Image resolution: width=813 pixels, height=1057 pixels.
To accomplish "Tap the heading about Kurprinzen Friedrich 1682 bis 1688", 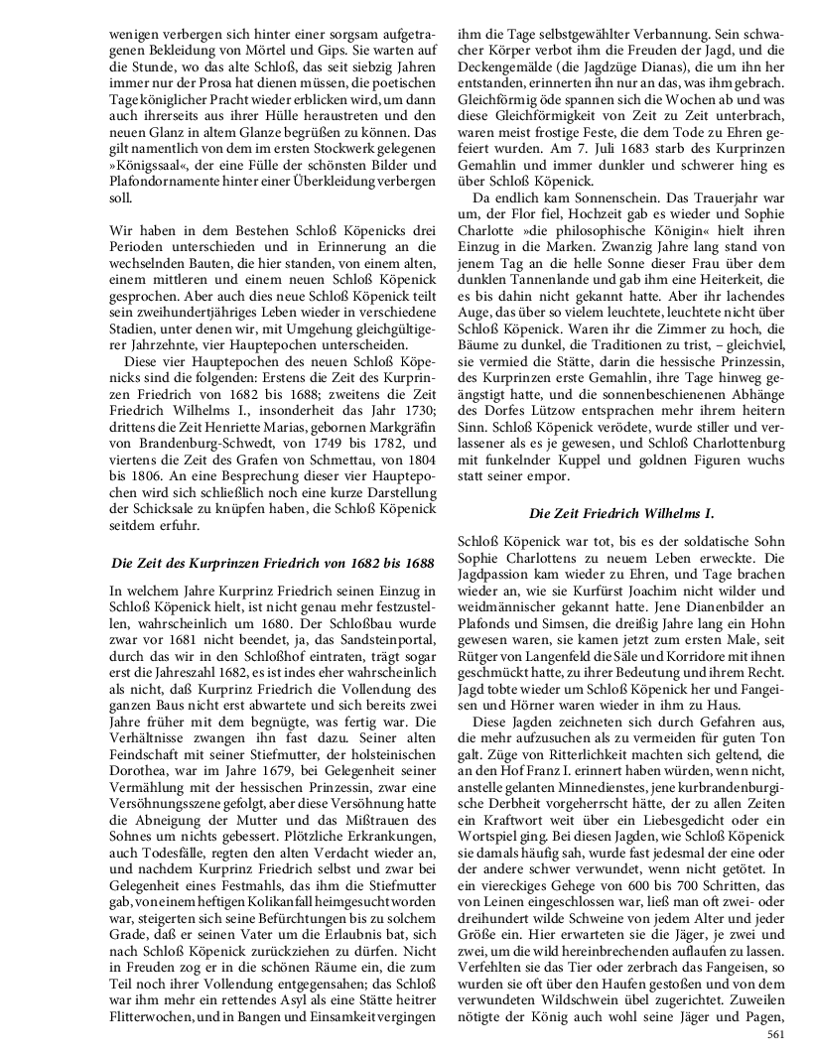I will tap(273, 564).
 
